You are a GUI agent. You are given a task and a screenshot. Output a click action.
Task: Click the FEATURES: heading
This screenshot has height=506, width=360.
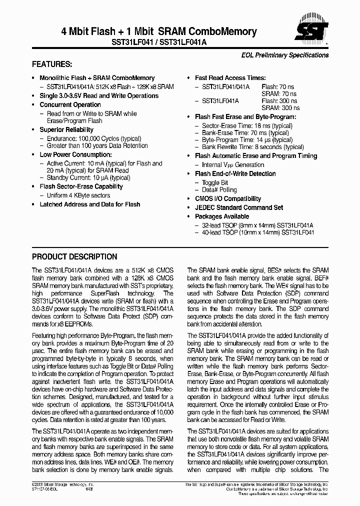pyautogui.click(x=52, y=64)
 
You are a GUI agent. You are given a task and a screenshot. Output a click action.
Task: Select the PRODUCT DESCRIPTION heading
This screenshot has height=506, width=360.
pyautogui.click(x=74, y=256)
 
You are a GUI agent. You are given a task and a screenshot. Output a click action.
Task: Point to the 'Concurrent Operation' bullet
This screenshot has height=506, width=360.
pyautogui.click(x=70, y=104)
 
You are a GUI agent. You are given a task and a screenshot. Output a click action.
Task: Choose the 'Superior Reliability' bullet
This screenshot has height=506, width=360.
pyautogui.click(x=66, y=129)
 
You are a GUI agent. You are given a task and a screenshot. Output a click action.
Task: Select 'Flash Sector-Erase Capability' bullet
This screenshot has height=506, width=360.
pyautogui.click(x=81, y=186)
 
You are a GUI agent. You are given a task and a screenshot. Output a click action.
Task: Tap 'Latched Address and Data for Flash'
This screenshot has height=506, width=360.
pyautogui.click(x=90, y=204)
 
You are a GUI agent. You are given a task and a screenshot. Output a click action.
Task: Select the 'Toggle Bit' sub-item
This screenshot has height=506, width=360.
pyautogui.click(x=215, y=183)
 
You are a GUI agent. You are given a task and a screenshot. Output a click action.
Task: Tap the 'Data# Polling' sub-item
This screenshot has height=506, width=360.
pyautogui.click(x=219, y=190)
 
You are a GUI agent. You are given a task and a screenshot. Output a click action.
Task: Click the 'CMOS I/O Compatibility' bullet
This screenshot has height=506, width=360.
pyautogui.click(x=228, y=198)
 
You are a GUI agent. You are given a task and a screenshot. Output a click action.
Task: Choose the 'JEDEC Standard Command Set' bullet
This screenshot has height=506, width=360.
pyautogui.click(x=239, y=207)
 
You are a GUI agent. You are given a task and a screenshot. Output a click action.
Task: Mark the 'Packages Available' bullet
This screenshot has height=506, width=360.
pyautogui.click(x=222, y=216)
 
